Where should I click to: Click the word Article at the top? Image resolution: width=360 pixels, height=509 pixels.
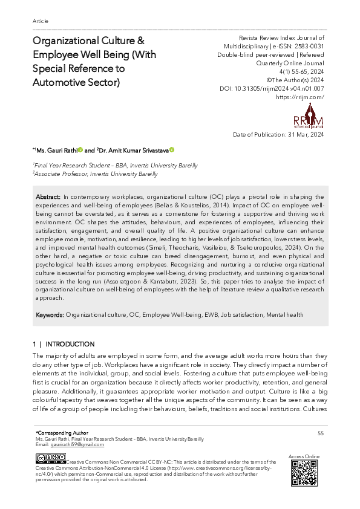[x=40, y=21]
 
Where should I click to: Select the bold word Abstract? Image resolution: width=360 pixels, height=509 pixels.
[x=48, y=197]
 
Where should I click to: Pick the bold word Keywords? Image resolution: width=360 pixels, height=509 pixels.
[x=50, y=315]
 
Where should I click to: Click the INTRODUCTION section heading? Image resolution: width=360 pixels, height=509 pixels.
[x=70, y=344]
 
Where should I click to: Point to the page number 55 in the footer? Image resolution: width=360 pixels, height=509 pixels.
[x=320, y=433]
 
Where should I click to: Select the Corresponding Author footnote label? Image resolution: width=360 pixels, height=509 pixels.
[x=62, y=433]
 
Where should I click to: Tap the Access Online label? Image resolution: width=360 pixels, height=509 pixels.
[x=304, y=455]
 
